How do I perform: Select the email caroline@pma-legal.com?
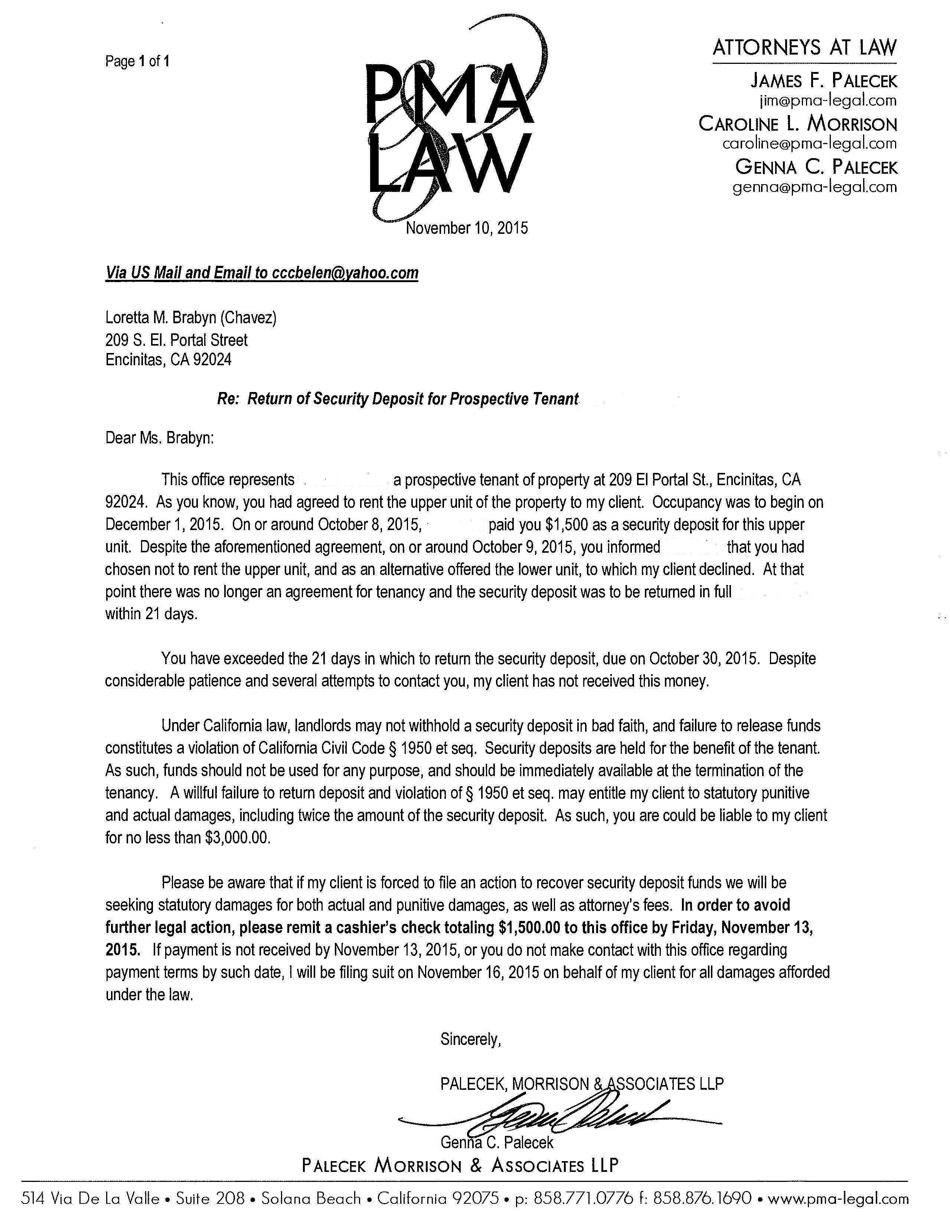[x=809, y=144]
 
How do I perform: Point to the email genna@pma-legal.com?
[x=814, y=187]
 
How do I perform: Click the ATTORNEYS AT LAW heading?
[x=804, y=48]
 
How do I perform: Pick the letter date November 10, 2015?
[x=467, y=228]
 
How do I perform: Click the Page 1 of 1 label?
[x=137, y=61]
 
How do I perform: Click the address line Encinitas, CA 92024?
[x=169, y=359]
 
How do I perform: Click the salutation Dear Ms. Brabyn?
[x=160, y=438]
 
